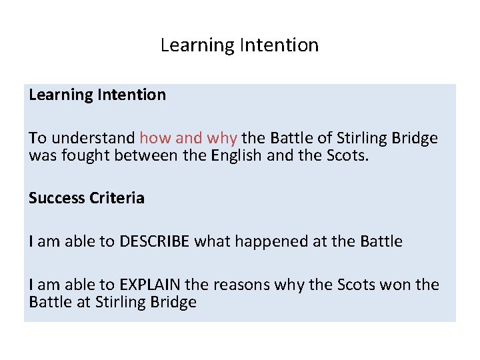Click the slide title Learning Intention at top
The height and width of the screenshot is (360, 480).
click(239, 45)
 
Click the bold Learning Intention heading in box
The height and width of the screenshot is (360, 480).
click(97, 95)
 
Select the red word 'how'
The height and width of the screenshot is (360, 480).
click(155, 138)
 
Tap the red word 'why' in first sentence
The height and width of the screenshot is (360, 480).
click(221, 138)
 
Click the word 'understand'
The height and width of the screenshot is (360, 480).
click(93, 138)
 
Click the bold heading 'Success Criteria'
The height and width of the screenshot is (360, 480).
click(87, 198)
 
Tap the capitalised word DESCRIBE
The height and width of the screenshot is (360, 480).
click(155, 241)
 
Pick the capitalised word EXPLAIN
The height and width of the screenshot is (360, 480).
click(150, 285)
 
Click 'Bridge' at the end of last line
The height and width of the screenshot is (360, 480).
click(174, 302)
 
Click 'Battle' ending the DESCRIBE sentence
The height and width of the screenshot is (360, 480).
click(381, 241)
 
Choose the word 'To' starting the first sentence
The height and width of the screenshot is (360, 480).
click(37, 138)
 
